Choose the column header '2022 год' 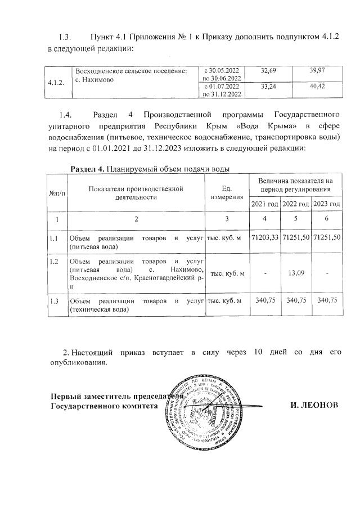(296, 204)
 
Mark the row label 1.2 (54, 262)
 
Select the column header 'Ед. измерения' (227, 192)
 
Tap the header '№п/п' (56, 192)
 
